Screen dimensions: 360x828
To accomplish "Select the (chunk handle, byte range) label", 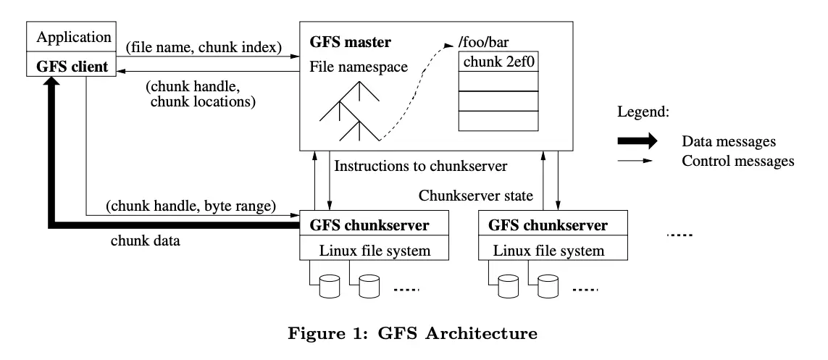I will coord(191,206).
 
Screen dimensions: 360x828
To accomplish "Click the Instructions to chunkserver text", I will coord(421,166).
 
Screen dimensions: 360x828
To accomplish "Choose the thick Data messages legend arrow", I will coord(638,139).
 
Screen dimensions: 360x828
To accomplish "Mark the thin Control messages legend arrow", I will coord(638,160).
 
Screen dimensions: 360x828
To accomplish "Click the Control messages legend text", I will coord(738,160).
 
